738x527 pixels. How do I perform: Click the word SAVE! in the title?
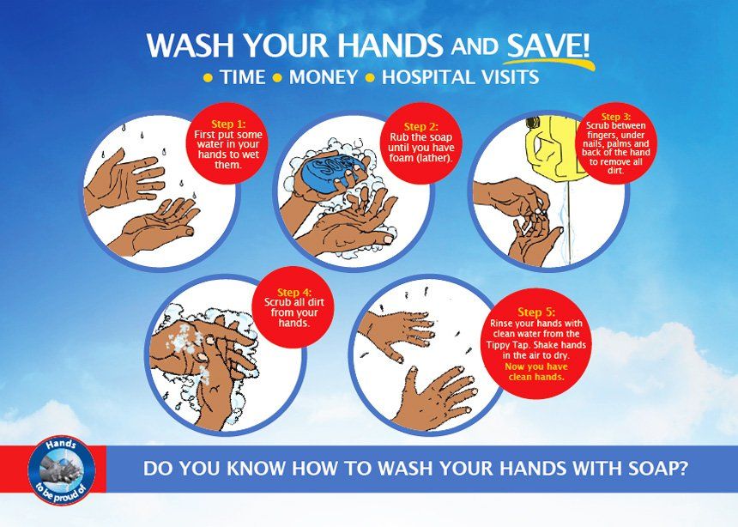coord(547,45)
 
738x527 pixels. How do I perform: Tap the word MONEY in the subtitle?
coord(324,77)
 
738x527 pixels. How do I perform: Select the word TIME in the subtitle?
coord(244,77)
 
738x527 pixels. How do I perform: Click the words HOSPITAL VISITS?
coord(460,77)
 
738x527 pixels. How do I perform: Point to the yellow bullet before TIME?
coord(208,78)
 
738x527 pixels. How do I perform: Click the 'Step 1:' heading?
coord(228,124)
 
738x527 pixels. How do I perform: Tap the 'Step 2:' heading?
coord(420,127)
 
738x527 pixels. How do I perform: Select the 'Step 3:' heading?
coord(615,117)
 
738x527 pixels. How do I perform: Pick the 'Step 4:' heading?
coord(294,293)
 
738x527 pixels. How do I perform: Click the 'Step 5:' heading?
coord(536,312)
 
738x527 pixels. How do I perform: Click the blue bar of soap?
coord(334,173)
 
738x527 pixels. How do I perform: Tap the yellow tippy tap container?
coord(554,149)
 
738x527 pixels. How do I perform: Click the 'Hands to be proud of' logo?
coord(62,470)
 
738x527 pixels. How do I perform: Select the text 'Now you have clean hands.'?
coord(536,372)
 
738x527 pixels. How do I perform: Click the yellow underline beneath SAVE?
coord(548,62)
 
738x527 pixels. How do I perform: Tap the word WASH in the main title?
coord(191,45)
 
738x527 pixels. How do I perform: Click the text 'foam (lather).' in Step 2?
coord(420,158)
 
